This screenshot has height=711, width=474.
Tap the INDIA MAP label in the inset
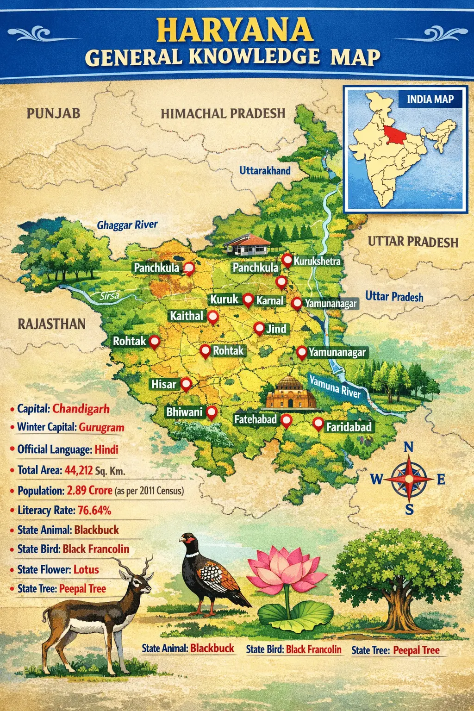point(430,99)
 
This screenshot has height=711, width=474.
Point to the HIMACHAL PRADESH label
point(223,113)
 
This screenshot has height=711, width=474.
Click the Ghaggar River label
point(127,225)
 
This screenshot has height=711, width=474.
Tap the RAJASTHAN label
point(51,324)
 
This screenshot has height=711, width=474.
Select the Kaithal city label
point(186,316)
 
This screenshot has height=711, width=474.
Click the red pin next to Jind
point(259,328)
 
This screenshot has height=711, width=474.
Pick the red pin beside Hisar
point(186,384)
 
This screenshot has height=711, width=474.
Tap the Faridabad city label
point(349,427)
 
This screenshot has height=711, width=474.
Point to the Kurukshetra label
point(317,261)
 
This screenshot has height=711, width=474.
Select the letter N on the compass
point(408,447)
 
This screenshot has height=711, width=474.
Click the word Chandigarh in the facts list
point(81,409)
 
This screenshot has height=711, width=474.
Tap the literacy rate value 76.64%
point(94,510)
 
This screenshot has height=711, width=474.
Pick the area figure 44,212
point(79,470)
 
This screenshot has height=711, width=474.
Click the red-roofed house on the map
point(246,244)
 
